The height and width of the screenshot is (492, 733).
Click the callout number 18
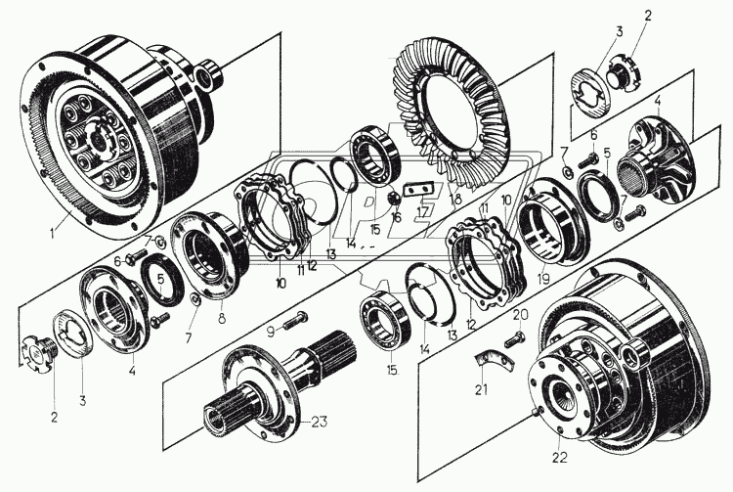pos(456,200)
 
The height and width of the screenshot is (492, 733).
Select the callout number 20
pos(520,315)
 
